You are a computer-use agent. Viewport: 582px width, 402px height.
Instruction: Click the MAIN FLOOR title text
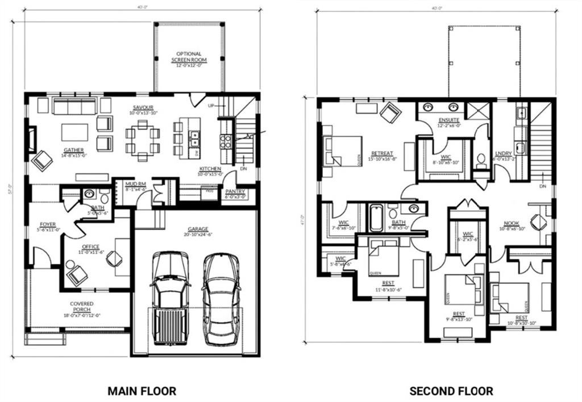142,391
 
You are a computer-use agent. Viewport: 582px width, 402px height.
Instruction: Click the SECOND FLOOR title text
451,391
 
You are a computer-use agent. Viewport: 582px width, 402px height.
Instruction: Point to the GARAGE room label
199,231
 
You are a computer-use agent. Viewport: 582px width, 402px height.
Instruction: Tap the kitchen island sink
194,136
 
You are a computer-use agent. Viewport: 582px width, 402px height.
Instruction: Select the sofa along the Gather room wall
73,106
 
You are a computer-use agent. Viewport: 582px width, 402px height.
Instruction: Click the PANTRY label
235,192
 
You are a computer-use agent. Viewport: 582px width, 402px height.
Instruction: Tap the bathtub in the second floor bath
376,219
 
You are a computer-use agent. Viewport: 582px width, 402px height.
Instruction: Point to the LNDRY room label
504,153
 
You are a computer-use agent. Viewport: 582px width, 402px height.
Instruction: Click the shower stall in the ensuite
478,110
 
